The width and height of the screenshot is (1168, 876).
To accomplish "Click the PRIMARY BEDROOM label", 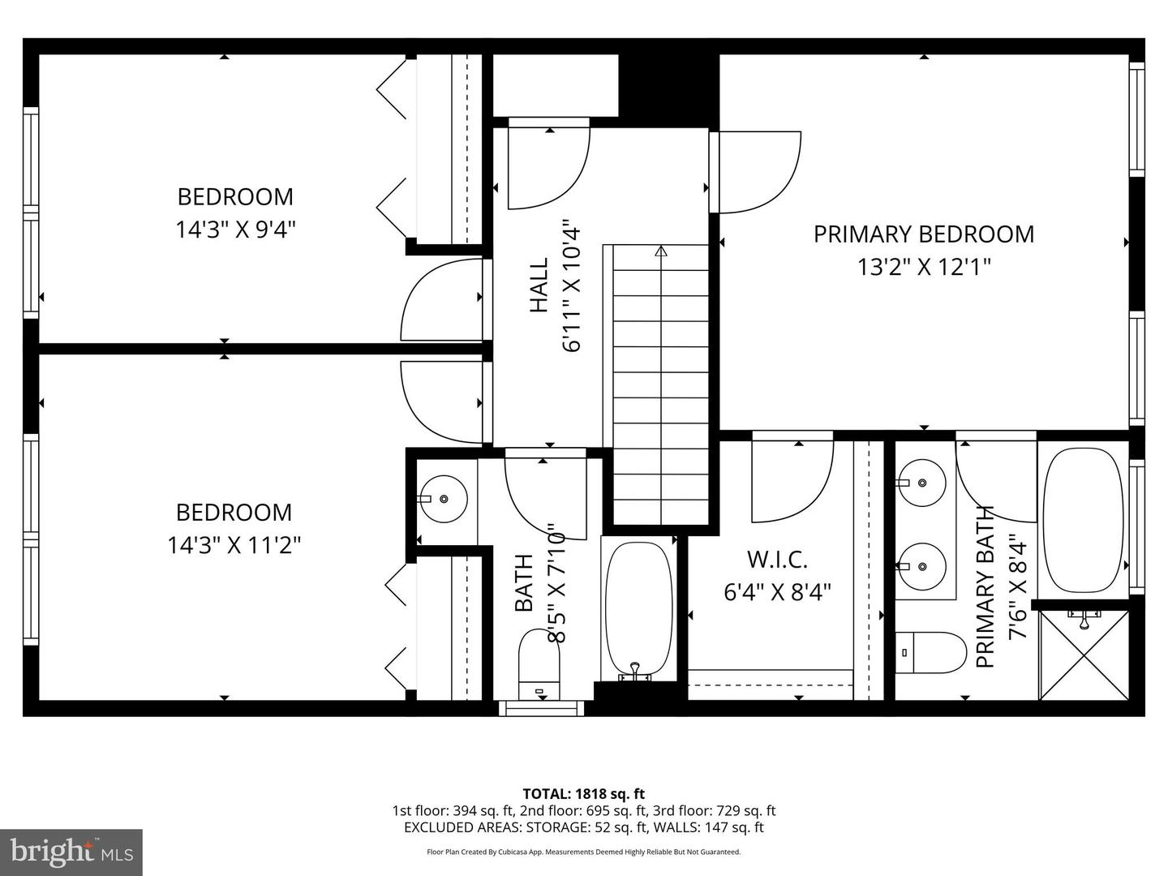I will coord(924,234).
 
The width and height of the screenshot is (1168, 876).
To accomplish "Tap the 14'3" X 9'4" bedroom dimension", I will coord(235,230).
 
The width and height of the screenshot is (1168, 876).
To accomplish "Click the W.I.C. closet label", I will coord(777,560).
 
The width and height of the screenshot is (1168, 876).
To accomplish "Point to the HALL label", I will coord(539,285).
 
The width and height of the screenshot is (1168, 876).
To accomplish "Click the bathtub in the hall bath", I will coord(639,608).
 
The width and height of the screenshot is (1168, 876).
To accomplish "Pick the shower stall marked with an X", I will coord(1084,655).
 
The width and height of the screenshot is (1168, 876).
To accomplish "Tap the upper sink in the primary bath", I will coord(922,483).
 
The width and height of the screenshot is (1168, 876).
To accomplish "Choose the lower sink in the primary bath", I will coord(922,565).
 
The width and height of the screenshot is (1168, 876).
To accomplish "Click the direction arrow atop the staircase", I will coord(661,252).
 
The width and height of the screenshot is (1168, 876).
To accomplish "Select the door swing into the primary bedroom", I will coord(758,172).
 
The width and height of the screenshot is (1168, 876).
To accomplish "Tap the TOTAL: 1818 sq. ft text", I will coord(583,794).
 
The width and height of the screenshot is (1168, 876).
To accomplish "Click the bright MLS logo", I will coord(71,852).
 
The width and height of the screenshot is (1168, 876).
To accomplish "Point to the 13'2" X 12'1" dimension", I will coord(924,267).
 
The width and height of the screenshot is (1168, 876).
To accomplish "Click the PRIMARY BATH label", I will coord(985,586).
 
